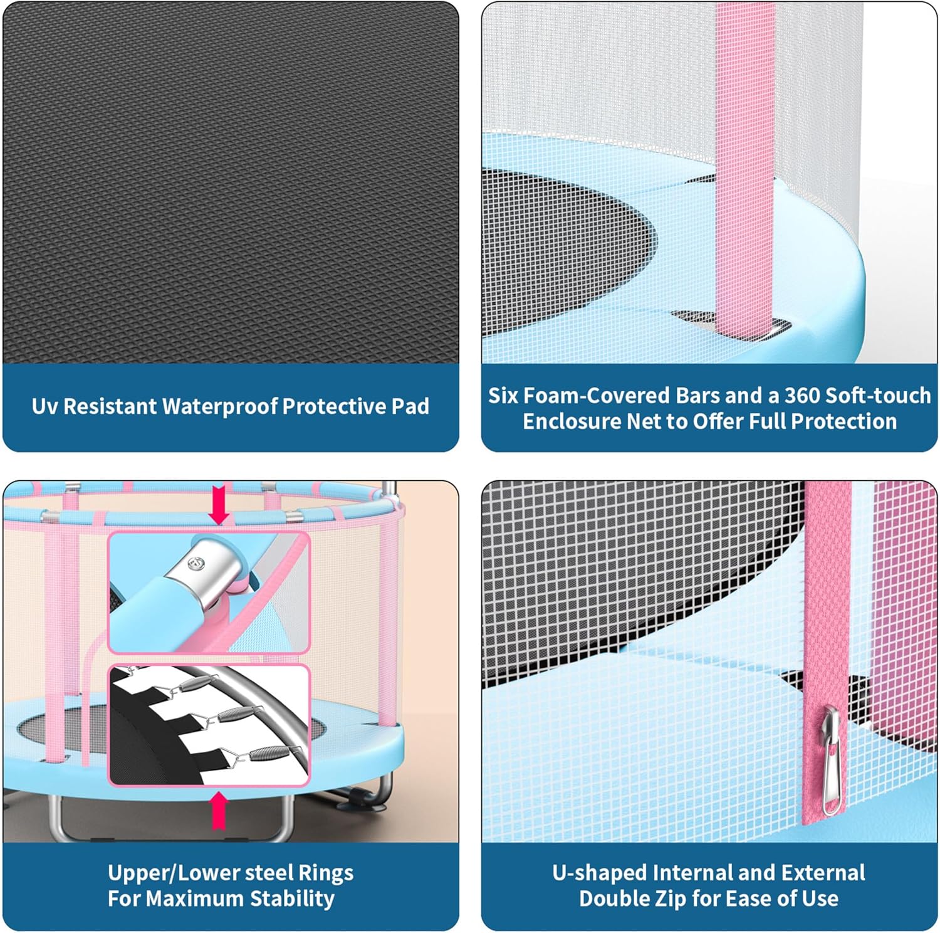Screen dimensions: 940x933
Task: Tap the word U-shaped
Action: [x=600, y=873]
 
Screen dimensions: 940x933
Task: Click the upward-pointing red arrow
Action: [x=219, y=811]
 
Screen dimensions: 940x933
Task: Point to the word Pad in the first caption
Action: [x=411, y=406]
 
